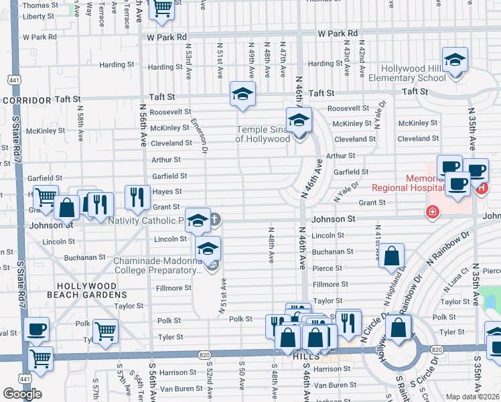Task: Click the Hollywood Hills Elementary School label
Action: (x=413, y=74)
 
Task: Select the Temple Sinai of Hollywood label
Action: (x=263, y=134)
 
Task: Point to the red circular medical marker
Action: (x=433, y=212)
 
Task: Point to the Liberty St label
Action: (x=38, y=16)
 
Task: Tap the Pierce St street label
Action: (x=328, y=268)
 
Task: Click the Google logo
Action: (x=23, y=394)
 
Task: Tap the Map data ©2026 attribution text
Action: (x=472, y=397)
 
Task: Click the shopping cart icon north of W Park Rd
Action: (x=161, y=9)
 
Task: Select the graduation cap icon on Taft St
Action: (x=242, y=94)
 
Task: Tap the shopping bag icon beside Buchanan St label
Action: (x=392, y=256)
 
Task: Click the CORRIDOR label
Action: (x=27, y=100)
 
